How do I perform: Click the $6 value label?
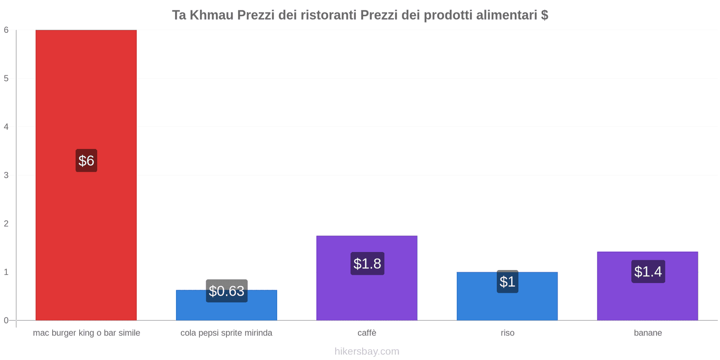pyautogui.click(x=86, y=161)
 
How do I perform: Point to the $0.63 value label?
pyautogui.click(x=226, y=291)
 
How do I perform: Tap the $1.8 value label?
pyautogui.click(x=367, y=264)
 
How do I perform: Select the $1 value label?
pyautogui.click(x=507, y=282)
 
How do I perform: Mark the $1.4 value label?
pyautogui.click(x=648, y=272)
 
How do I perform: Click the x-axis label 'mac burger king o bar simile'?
pyautogui.click(x=86, y=333)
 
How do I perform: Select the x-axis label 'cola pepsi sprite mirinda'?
pyautogui.click(x=226, y=333)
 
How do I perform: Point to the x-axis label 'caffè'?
pyautogui.click(x=367, y=333)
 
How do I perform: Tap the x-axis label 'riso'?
pyautogui.click(x=507, y=333)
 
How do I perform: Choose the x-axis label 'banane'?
pyautogui.click(x=648, y=333)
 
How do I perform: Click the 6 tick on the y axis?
pyautogui.click(x=6, y=30)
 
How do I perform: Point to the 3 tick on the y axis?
pyautogui.click(x=6, y=175)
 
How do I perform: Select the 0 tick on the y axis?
pyautogui.click(x=6, y=320)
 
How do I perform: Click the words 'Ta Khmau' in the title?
pyautogui.click(x=202, y=15)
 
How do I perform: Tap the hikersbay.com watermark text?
pyautogui.click(x=367, y=351)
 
